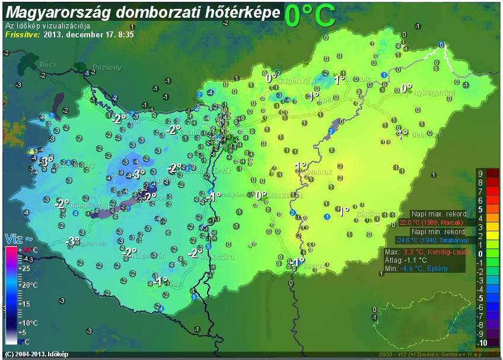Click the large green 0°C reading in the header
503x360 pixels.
click(x=310, y=16)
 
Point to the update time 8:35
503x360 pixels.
click(x=125, y=34)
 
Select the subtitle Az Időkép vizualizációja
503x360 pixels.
click(x=47, y=26)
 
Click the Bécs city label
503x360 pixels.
click(x=48, y=63)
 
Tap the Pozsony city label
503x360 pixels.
click(x=107, y=67)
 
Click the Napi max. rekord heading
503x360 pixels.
click(x=440, y=214)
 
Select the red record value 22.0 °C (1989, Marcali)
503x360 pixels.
click(x=431, y=222)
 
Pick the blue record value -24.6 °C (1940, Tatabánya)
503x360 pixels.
click(x=434, y=240)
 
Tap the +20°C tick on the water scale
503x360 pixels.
click(x=27, y=285)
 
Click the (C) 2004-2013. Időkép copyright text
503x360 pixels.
click(x=36, y=354)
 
